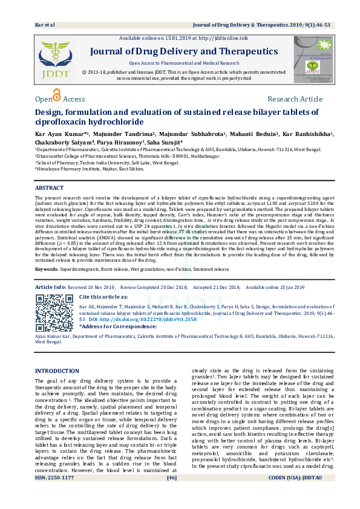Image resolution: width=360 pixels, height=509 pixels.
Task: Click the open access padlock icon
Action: click(57, 96)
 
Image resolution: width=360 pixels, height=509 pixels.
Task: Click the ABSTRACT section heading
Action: click(49, 188)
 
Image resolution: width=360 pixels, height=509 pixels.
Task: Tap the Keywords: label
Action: click(47, 268)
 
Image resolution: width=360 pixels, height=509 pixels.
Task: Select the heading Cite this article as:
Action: click(103, 297)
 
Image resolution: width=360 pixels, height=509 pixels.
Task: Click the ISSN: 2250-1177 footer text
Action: click(54, 495)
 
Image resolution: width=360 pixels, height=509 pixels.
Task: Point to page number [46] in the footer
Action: click(171, 495)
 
